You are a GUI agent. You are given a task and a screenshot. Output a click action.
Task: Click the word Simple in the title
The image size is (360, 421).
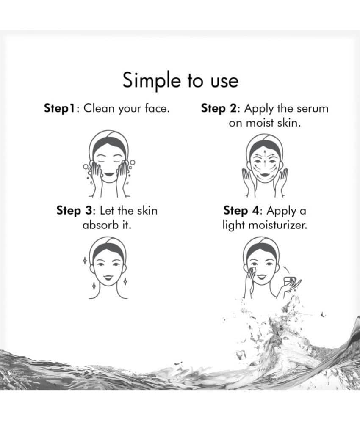click(x=151, y=80)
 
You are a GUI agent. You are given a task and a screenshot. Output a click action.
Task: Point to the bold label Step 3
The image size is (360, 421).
click(x=74, y=211)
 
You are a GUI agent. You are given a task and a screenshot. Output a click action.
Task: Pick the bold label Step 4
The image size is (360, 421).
click(x=241, y=211)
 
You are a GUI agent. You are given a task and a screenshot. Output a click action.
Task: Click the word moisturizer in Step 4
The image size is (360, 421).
click(x=277, y=225)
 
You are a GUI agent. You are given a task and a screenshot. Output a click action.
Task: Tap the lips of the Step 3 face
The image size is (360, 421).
click(x=108, y=277)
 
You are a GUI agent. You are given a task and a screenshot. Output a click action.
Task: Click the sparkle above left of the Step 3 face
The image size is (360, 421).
click(x=85, y=260)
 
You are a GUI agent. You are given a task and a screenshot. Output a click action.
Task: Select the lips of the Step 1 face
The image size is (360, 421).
click(x=109, y=174)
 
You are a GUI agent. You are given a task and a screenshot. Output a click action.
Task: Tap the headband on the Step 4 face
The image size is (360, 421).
click(x=260, y=245)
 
